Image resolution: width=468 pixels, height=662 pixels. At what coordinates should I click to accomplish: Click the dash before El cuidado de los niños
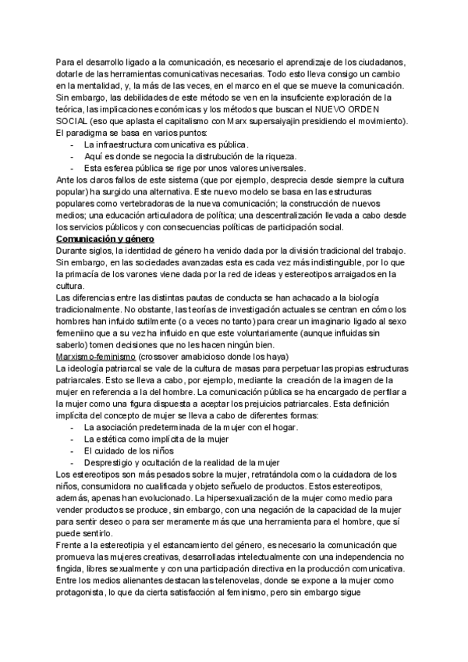tap(73, 450)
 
